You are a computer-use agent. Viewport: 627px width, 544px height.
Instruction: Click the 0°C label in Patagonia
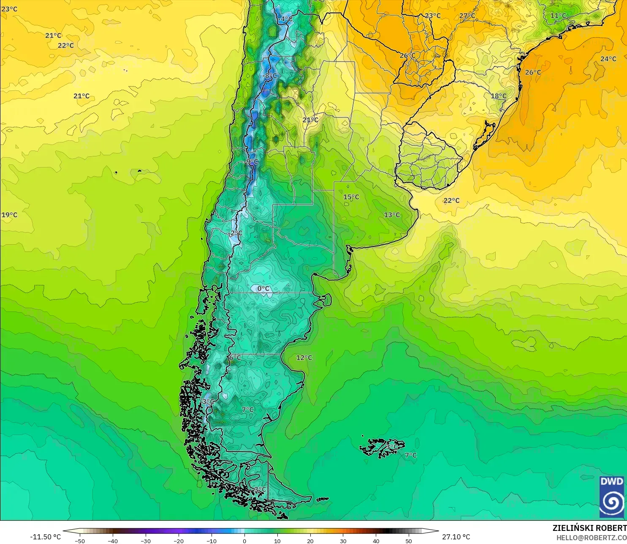263,289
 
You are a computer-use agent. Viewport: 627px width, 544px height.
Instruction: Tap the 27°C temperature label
467,16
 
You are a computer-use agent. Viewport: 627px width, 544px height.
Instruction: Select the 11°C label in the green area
558,16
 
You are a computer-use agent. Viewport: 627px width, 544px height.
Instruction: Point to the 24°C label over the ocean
608,59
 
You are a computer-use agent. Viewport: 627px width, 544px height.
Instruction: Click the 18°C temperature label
498,96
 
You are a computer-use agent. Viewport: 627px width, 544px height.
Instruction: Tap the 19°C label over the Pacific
9,215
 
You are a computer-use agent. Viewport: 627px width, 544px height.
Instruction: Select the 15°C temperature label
351,197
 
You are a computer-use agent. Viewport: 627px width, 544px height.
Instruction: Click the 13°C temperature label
392,215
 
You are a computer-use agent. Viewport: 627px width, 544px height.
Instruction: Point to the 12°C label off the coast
304,358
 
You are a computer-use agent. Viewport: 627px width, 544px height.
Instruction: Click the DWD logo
611,497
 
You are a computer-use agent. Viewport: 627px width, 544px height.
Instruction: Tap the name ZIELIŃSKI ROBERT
589,528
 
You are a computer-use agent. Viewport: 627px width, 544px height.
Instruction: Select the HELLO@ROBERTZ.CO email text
591,538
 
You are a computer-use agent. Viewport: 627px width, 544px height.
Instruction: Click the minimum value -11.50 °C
46,537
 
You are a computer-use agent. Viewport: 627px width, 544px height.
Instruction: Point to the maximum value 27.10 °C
456,537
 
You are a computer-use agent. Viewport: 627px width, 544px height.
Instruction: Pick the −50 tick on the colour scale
79,541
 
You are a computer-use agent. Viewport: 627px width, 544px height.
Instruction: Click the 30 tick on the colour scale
343,541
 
